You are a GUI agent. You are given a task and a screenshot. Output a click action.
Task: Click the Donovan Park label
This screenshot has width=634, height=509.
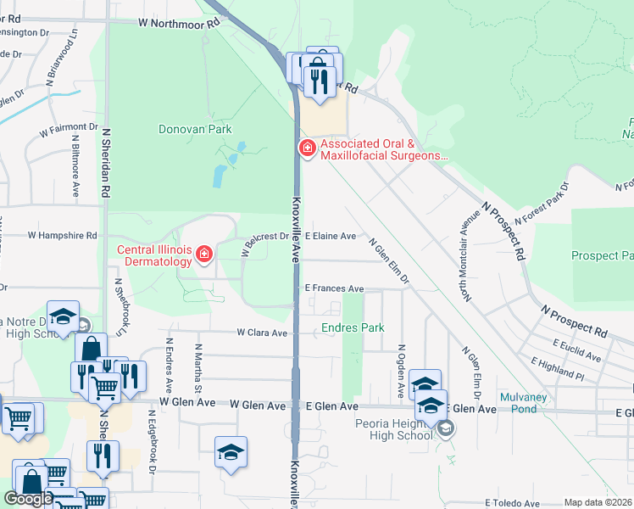click(195, 130)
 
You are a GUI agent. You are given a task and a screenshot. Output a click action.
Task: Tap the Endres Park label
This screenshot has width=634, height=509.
click(353, 327)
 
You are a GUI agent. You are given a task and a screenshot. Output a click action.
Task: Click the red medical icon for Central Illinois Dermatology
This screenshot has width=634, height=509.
click(203, 255)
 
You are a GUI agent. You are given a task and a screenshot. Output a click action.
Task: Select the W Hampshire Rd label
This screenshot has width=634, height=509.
click(63, 235)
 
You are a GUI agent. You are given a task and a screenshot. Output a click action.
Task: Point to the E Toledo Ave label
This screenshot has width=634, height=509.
click(514, 503)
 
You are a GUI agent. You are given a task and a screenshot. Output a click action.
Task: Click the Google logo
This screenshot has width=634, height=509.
click(28, 499)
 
